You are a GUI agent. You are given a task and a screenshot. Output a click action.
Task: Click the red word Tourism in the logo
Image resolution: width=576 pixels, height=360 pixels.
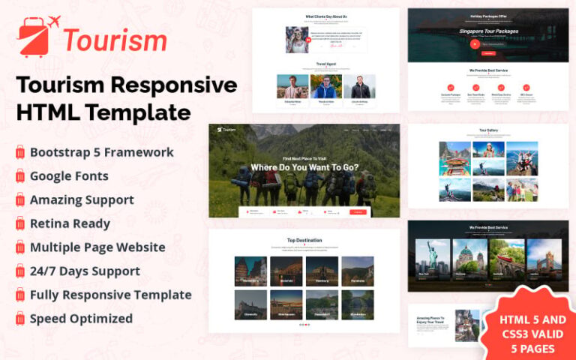(114, 39)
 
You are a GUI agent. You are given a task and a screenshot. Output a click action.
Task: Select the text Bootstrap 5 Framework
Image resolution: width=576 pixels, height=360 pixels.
(102, 152)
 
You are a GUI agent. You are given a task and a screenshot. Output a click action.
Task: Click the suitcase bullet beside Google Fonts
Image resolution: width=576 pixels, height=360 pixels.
(20, 177)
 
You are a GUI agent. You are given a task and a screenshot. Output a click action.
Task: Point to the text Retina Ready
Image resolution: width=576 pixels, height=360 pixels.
(70, 223)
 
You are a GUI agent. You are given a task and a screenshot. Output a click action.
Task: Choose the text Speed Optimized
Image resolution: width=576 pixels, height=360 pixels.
(81, 319)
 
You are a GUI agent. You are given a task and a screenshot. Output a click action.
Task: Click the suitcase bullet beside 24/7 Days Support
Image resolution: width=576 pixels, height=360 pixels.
(20, 271)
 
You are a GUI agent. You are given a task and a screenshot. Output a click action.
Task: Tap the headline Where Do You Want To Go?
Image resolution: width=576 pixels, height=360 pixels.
(304, 167)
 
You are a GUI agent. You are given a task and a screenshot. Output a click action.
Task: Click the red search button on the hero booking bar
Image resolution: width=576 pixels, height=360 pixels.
(358, 212)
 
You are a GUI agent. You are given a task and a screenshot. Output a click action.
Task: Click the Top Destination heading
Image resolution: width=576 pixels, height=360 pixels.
(304, 241)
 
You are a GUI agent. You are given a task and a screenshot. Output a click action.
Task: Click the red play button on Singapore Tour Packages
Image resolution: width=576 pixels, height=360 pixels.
(474, 43)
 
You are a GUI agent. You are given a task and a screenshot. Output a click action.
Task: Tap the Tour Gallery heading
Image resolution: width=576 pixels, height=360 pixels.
(487, 130)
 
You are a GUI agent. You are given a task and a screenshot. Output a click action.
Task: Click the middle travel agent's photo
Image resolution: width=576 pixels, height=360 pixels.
(325, 86)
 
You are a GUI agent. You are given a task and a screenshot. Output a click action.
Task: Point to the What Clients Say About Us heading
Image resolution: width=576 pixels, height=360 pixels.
(325, 16)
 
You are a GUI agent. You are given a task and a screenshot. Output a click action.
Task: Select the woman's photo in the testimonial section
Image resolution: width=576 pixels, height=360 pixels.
(297, 40)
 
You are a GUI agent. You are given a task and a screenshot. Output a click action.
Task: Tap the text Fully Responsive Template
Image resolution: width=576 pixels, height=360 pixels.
(110, 295)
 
